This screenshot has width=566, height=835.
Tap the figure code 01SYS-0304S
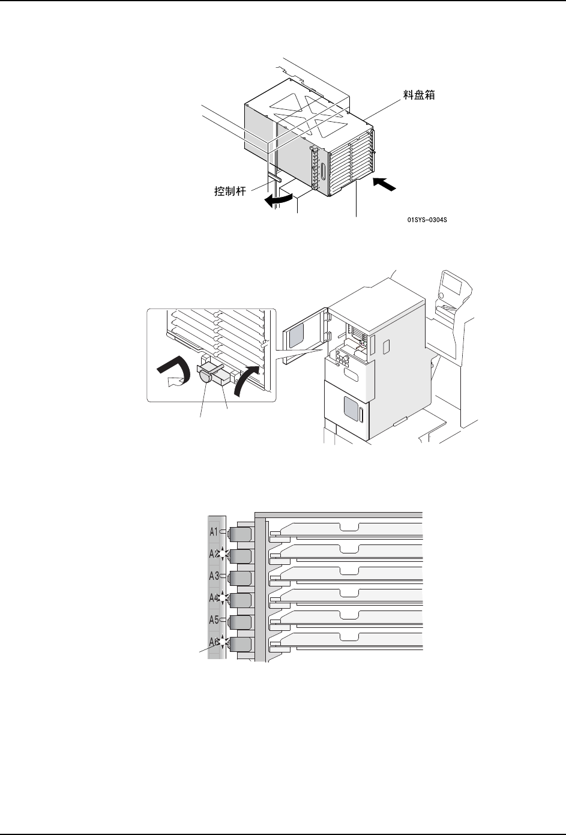427,220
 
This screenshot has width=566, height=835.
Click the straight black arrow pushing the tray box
385,184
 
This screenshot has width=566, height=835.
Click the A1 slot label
214,532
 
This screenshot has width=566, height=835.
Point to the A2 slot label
214,554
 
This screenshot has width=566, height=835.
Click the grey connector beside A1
240,533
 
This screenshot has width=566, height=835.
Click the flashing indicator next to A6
223,643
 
